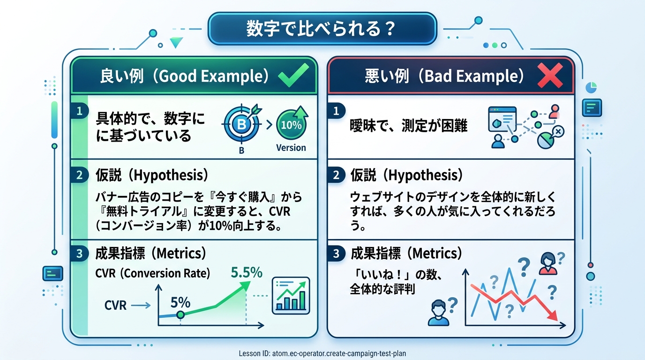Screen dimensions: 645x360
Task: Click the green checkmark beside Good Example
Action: click(x=293, y=75)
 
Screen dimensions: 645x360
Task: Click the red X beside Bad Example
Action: click(x=550, y=75)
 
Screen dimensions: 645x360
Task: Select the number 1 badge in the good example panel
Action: click(x=80, y=111)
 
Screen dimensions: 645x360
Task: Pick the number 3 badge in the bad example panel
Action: click(x=336, y=254)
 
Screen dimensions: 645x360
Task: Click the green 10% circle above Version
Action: click(x=291, y=125)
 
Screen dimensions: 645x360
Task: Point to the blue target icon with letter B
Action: click(x=241, y=124)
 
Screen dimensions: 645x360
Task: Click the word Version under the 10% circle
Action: click(x=291, y=148)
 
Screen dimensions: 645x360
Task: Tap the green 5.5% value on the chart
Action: click(x=247, y=272)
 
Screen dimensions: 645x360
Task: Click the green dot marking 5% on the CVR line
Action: click(x=180, y=315)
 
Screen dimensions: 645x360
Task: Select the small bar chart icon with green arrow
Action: click(x=291, y=295)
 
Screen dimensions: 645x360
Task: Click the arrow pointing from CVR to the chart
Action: click(x=141, y=305)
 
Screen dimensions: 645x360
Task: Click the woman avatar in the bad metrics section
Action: click(x=548, y=263)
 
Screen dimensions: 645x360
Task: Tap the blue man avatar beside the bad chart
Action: click(x=438, y=313)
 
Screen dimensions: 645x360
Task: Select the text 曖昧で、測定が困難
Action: click(x=408, y=126)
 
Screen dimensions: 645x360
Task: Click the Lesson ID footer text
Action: click(x=322, y=353)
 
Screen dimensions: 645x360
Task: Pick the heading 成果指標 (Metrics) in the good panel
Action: click(x=150, y=254)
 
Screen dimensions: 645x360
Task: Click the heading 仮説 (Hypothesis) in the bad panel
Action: click(x=406, y=175)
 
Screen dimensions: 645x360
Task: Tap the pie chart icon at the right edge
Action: click(x=591, y=88)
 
